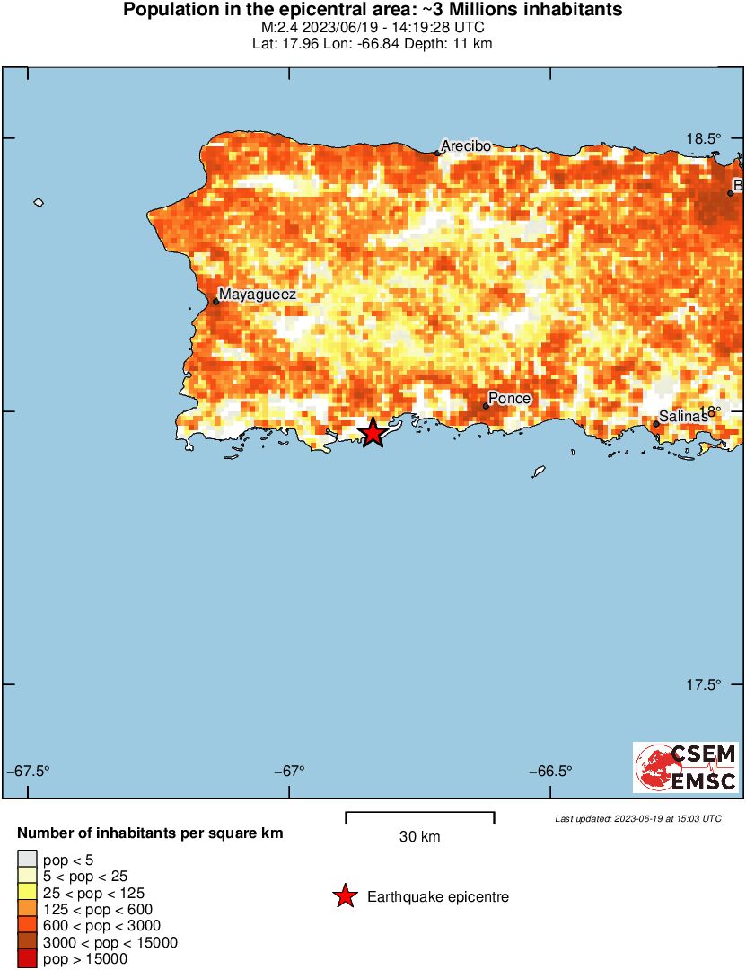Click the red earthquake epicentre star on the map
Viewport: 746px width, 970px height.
click(x=373, y=433)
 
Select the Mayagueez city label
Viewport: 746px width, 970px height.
click(x=257, y=294)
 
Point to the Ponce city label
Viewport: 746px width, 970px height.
click(x=510, y=398)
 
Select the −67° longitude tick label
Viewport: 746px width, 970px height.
click(x=288, y=772)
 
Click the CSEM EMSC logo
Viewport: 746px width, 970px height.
click(x=686, y=767)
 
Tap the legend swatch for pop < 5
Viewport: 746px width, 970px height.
click(x=27, y=860)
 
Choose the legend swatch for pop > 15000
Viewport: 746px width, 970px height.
click(x=27, y=959)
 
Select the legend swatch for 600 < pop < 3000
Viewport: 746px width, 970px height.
click(x=27, y=926)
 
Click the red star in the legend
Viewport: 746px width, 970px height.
click(x=344, y=896)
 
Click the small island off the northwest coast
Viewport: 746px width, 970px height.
click(x=39, y=203)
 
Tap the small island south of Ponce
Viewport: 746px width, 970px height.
click(x=540, y=471)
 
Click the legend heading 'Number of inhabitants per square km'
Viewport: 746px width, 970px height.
click(x=150, y=833)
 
